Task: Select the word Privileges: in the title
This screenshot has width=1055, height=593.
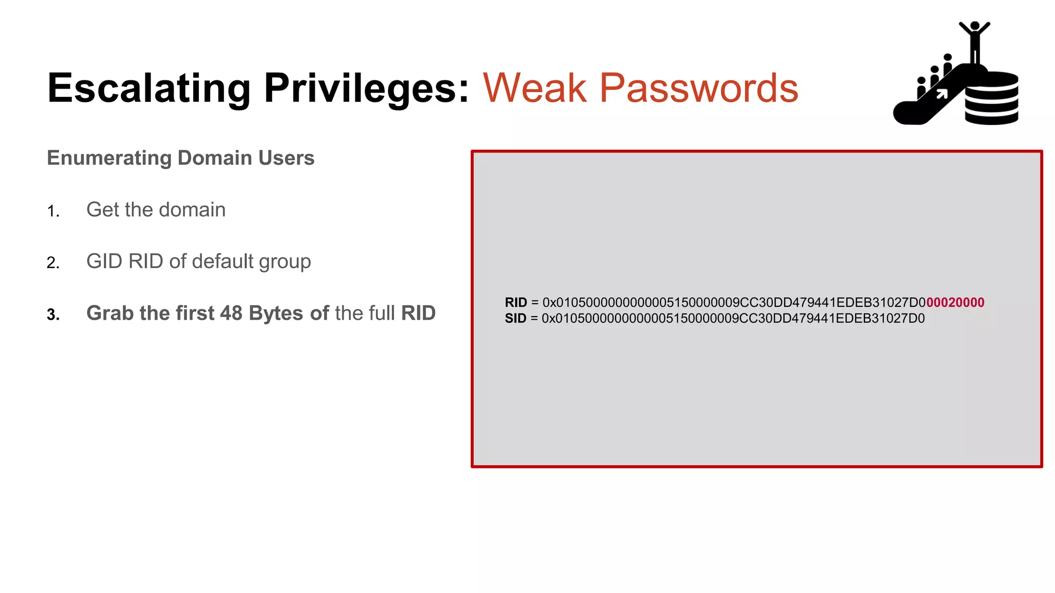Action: [366, 89]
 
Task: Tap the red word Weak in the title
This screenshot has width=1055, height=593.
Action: [534, 89]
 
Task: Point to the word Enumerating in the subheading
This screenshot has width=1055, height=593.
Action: [109, 158]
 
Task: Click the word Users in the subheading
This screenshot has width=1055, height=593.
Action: [286, 158]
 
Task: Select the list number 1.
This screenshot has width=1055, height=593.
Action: [53, 211]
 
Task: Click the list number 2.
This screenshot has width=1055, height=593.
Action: [53, 263]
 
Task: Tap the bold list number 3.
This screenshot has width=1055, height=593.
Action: [53, 315]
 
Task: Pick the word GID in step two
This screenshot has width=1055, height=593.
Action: [104, 261]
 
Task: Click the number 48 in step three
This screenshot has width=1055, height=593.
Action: [231, 313]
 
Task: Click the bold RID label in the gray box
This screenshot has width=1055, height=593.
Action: [516, 303]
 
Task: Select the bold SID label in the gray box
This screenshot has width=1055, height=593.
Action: [515, 319]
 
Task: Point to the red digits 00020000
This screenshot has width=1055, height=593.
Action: [955, 303]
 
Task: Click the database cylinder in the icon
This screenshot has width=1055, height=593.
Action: [992, 99]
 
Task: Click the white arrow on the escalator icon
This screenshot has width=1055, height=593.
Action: [942, 94]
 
